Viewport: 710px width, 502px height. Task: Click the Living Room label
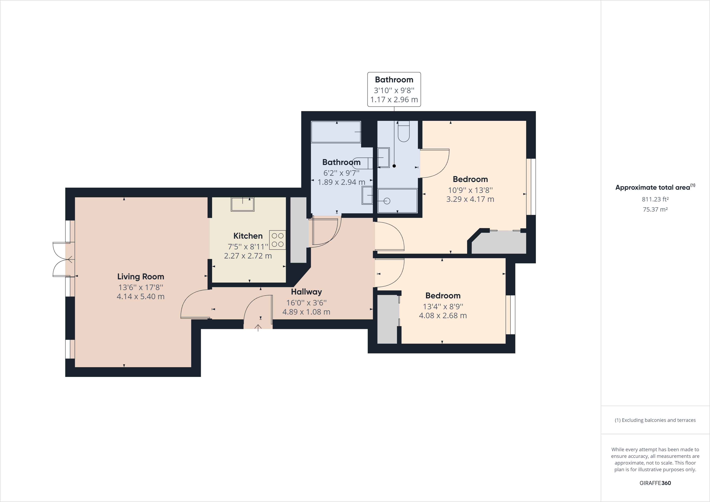click(140, 277)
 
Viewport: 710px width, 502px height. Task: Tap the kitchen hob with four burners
click(277, 240)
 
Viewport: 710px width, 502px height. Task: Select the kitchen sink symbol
click(242, 204)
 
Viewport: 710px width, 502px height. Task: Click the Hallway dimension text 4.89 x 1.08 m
click(306, 312)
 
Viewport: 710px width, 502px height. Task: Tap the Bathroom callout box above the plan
click(394, 89)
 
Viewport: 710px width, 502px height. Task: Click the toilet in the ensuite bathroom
click(404, 131)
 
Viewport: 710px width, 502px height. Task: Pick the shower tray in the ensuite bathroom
click(397, 201)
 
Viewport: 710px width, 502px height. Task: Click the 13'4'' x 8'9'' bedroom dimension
click(443, 306)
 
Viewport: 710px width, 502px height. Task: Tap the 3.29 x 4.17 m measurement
click(470, 199)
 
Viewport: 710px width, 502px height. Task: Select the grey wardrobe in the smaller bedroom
click(387, 319)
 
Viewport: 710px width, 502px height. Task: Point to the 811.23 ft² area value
click(655, 199)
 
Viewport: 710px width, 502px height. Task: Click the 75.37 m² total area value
click(655, 209)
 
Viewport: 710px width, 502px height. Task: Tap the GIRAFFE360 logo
click(655, 483)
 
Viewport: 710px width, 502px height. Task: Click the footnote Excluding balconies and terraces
click(655, 420)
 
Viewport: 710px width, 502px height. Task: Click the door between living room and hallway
click(195, 304)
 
